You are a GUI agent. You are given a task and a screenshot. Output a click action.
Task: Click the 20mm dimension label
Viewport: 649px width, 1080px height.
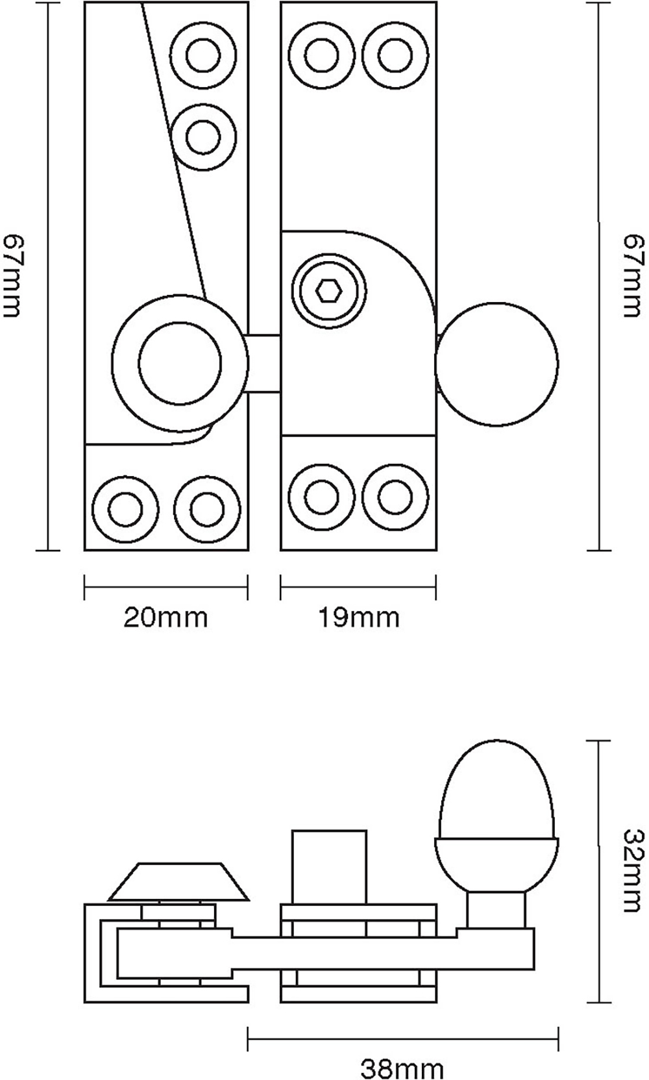click(x=165, y=617)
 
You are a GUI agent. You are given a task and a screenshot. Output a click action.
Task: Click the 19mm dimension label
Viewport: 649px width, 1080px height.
click(x=358, y=617)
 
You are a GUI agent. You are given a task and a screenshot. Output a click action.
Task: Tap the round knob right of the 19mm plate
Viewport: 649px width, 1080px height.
click(x=496, y=364)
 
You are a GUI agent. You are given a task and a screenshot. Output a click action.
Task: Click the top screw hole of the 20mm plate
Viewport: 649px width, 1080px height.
click(x=202, y=55)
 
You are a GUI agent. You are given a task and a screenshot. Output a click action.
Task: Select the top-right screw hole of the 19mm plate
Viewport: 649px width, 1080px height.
click(x=395, y=55)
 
